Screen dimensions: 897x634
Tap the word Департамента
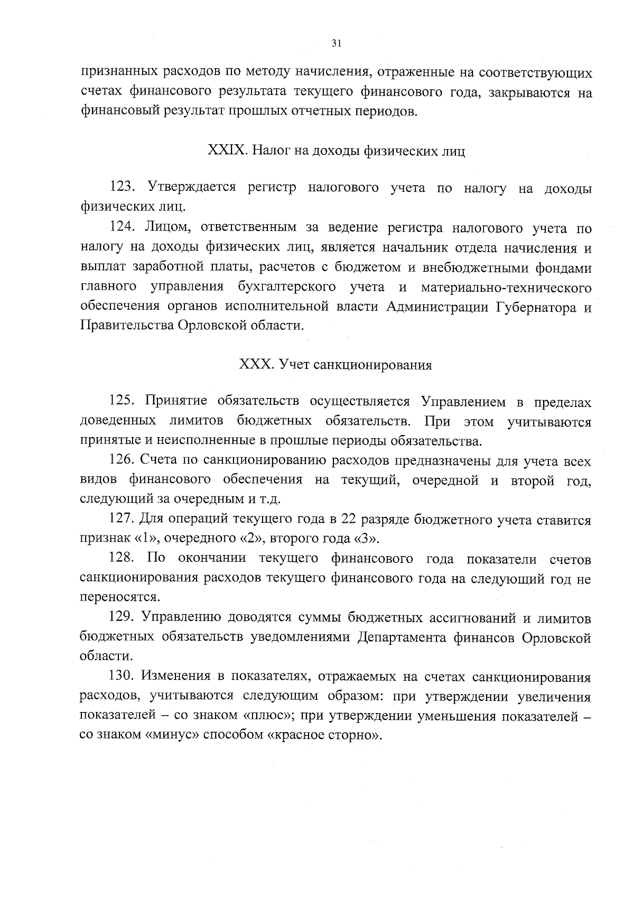click(x=403, y=637)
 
